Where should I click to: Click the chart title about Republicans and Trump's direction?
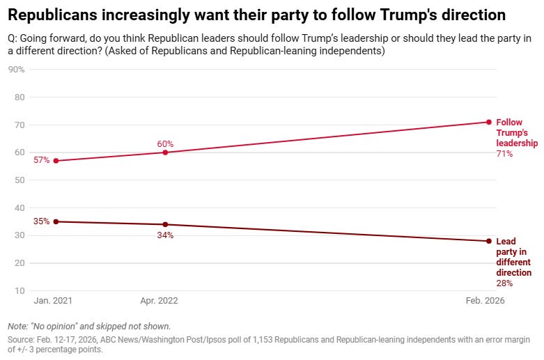[x=257, y=14]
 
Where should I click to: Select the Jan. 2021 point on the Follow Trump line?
[x=56, y=161]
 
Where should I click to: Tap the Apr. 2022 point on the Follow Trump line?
[x=165, y=152]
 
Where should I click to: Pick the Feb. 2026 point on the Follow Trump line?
[x=488, y=122]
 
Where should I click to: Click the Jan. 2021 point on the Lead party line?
[x=56, y=221]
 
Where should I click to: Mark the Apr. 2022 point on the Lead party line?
[x=165, y=224]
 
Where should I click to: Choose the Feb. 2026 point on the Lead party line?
[x=488, y=241]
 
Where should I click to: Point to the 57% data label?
[x=41, y=161]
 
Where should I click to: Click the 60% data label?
[x=165, y=144]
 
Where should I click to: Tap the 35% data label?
[x=41, y=221]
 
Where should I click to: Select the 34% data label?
[x=165, y=235]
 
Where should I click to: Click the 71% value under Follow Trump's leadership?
[x=504, y=154]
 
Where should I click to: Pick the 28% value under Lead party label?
[x=504, y=283]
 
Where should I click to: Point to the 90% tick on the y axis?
[x=17, y=70]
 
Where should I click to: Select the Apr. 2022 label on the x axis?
[x=160, y=301]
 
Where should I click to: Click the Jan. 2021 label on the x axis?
[x=53, y=301]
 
